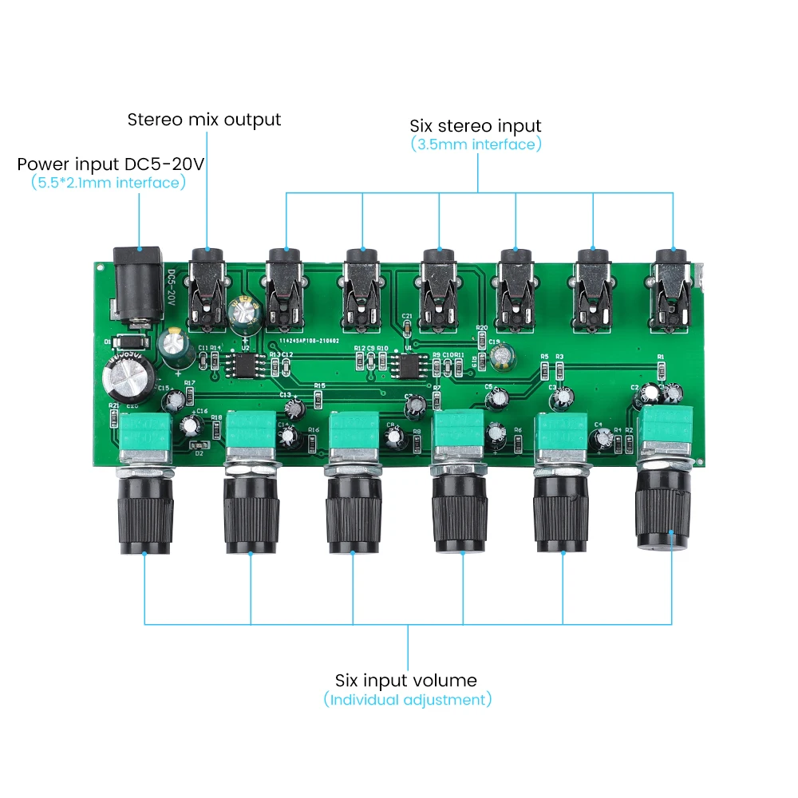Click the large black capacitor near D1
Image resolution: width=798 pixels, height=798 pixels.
click(x=128, y=381)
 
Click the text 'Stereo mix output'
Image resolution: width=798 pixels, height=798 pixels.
click(x=204, y=120)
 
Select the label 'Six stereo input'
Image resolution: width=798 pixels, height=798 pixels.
click(x=476, y=125)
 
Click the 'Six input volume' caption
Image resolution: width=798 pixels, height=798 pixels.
click(x=406, y=681)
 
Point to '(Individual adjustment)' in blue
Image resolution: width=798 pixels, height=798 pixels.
click(x=408, y=700)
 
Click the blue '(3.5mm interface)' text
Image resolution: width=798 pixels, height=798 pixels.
click(x=476, y=144)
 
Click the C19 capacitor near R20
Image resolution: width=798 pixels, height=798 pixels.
click(x=503, y=358)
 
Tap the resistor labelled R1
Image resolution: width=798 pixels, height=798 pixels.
click(x=661, y=369)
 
